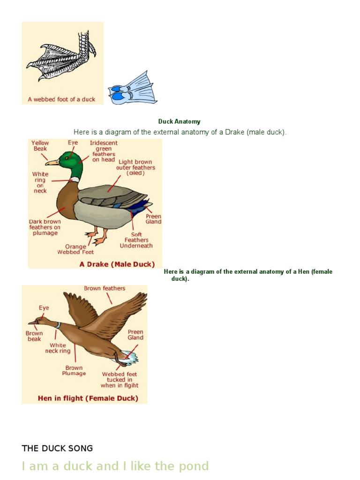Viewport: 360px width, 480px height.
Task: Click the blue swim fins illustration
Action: pos(133,89)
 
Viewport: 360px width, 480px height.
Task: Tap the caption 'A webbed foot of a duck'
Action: pos(61,99)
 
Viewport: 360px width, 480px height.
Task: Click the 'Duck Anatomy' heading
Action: pos(179,121)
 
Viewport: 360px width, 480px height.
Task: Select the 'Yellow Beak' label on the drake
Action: pos(40,146)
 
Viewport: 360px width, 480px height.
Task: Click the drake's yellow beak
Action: pos(52,163)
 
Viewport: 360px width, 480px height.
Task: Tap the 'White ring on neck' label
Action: pos(40,182)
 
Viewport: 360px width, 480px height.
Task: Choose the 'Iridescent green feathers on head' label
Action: pos(104,151)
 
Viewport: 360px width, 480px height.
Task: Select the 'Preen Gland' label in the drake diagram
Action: pos(153,219)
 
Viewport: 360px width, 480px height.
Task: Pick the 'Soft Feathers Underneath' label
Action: pos(136,240)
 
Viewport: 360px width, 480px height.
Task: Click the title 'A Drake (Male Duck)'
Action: pos(117,264)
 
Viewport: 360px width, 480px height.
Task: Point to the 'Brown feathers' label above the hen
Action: pos(105,288)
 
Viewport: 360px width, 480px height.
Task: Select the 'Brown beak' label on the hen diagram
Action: pos(34,336)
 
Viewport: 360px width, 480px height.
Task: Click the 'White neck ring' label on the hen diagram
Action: pos(58,348)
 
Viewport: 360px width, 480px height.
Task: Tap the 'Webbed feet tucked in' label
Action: pos(120,380)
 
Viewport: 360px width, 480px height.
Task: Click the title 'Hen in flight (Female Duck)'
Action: pos(88,398)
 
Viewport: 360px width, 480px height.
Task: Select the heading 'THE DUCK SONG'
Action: pos(57,448)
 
